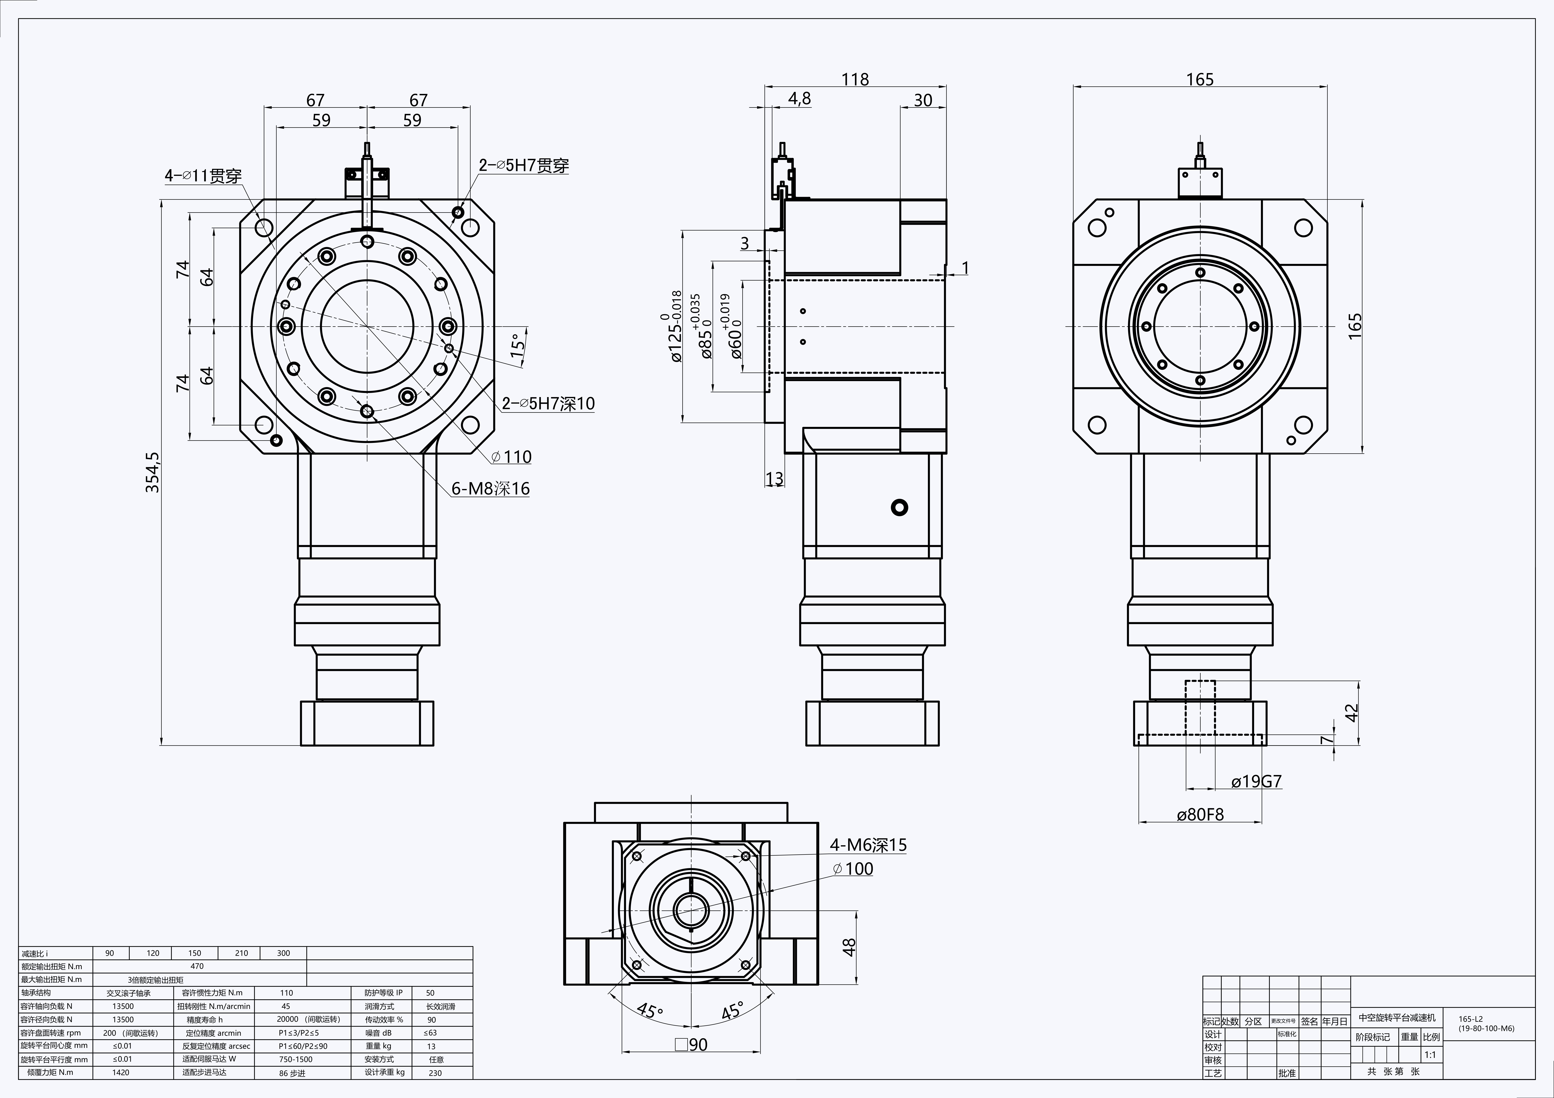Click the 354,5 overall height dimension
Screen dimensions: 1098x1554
point(153,472)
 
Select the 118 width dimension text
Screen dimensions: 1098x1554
point(855,80)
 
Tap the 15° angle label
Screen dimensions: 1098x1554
point(517,345)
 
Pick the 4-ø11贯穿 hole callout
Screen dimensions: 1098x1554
point(203,176)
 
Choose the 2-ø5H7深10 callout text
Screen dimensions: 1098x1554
point(548,403)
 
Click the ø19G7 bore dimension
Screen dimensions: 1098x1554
point(1256,782)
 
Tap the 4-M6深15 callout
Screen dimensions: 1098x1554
point(868,845)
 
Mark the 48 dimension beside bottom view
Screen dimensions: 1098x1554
point(849,946)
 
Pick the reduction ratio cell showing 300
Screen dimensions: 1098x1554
point(284,953)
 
